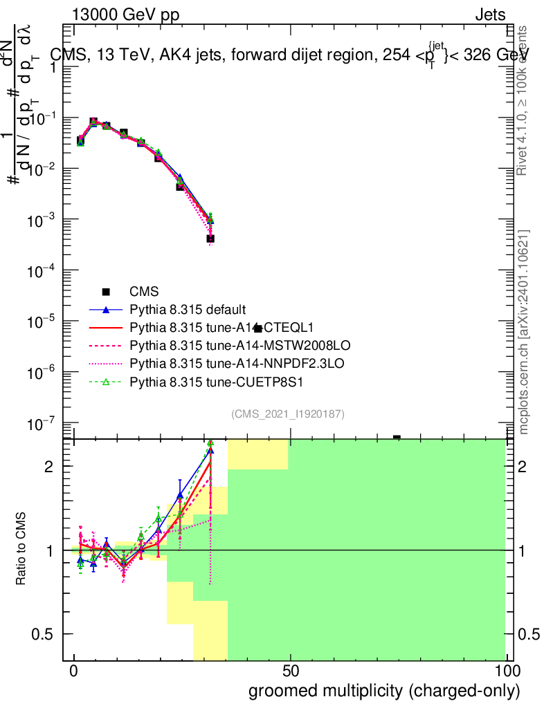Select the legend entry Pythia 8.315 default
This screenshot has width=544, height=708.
coord(188,309)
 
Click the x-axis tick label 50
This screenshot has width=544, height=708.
coord(291,671)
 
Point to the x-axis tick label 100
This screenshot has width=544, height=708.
coord(506,671)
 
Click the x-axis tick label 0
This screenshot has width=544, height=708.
coord(74,671)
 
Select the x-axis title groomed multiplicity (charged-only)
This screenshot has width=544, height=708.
coord(383,691)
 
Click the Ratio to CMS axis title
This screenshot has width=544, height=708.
coord(21,550)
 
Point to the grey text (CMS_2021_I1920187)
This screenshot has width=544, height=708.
coord(288,413)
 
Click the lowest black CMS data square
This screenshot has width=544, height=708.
coord(210,239)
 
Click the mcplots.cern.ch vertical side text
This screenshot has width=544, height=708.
coord(525,332)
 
